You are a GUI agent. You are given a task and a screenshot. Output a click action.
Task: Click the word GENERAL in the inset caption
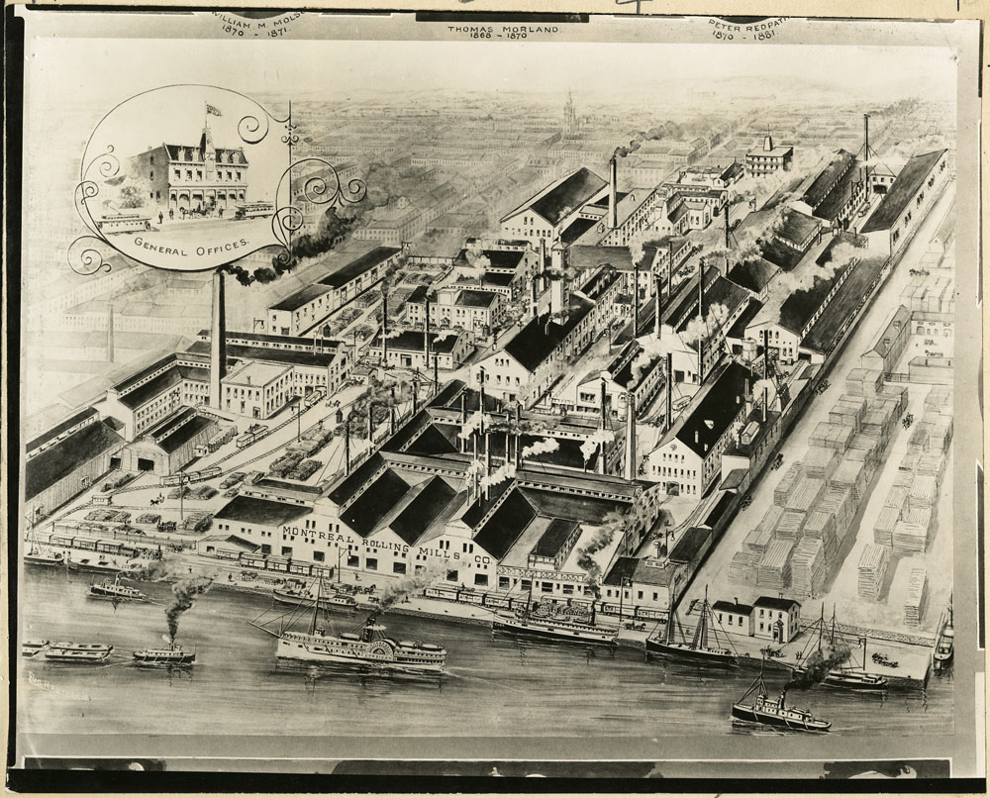pos(163,243)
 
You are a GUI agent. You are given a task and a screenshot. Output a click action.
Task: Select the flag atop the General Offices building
pos(212,110)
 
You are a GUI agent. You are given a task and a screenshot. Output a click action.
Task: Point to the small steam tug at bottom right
pos(780,714)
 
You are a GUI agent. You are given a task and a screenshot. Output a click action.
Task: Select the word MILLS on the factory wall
pos(431,550)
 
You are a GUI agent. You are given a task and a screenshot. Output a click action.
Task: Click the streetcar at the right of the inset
pos(254,209)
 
